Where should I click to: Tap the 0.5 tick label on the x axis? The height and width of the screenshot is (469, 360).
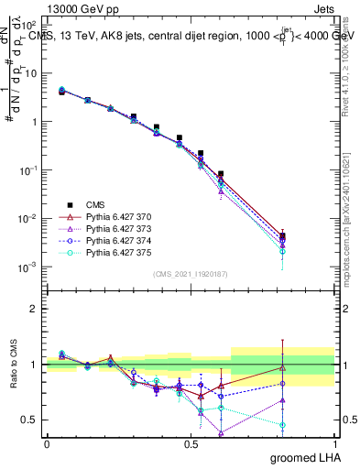191,442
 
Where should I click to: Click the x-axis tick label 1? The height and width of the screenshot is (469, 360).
335,442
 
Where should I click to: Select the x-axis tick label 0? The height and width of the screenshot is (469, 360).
47,442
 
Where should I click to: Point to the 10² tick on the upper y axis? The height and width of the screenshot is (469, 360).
30,25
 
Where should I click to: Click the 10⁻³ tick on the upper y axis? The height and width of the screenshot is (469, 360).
29,267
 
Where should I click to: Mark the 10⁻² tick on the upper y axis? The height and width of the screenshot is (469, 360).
29,219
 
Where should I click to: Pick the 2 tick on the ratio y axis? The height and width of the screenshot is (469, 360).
35,309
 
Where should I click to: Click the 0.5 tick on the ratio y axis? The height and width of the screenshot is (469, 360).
31,420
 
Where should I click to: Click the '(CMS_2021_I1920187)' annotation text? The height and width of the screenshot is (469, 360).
191,274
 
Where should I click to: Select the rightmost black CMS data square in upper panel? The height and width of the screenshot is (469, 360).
282,236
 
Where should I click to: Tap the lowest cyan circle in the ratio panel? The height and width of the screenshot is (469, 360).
282,425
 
